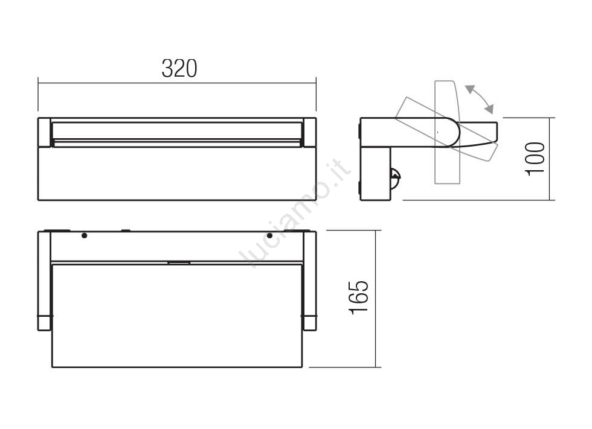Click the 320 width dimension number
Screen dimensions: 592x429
click(179, 68)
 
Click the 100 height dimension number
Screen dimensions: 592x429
click(535, 158)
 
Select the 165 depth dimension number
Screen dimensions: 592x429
click(358, 298)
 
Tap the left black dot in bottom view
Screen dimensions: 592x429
click(84, 235)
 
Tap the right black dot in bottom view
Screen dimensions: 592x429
click(269, 236)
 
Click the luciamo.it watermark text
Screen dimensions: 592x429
click(295, 214)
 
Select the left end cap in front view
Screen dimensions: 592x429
click(44, 132)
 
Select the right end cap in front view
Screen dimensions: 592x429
click(309, 132)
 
